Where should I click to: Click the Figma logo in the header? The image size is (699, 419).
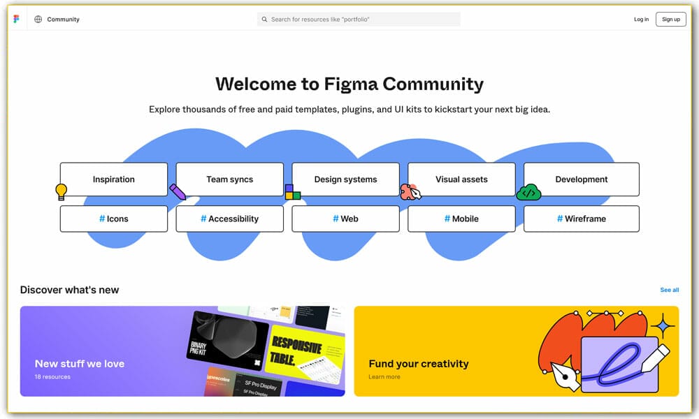tap(16, 19)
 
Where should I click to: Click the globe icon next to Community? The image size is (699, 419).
tap(38, 20)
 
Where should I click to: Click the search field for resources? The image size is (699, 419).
tap(359, 20)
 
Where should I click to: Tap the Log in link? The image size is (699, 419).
tap(641, 20)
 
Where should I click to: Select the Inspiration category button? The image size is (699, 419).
tap(114, 179)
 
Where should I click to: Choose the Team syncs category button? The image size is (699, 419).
tap(229, 179)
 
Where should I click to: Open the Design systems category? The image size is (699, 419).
tap(345, 179)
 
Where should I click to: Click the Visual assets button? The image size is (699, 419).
tap(461, 179)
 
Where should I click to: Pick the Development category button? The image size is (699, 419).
tap(582, 179)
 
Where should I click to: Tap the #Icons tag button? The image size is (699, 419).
tap(114, 219)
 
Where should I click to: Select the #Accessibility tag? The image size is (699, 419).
tap(229, 219)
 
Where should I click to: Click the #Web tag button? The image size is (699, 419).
tap(345, 219)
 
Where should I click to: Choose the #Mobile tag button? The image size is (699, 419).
tap(461, 219)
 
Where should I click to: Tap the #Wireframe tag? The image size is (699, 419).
tap(582, 219)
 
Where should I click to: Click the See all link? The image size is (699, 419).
tap(669, 290)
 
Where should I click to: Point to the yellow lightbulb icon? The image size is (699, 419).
tap(62, 191)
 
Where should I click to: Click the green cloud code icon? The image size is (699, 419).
tap(528, 192)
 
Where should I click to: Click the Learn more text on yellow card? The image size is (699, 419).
tap(384, 377)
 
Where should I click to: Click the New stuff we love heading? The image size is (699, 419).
tap(80, 363)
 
